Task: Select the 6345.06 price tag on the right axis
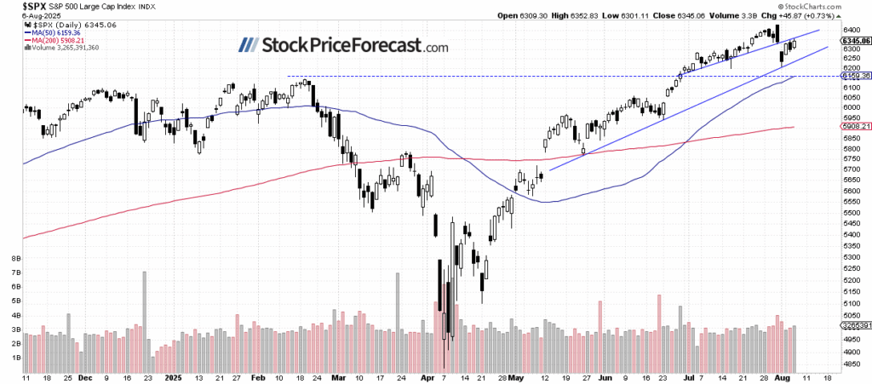coord(854,40)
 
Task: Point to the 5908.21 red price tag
coord(854,127)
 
